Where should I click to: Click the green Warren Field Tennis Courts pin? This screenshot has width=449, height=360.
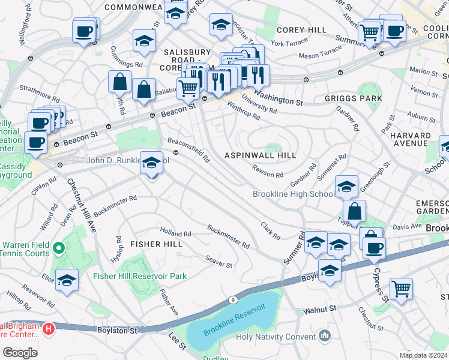(58, 247)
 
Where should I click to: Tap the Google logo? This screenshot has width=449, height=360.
(20, 352)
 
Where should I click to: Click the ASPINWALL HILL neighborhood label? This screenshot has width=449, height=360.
(260, 155)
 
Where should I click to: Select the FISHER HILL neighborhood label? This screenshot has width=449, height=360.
(156, 244)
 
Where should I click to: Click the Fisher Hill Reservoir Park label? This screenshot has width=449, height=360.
(139, 276)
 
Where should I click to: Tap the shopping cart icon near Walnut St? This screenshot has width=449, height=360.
(400, 289)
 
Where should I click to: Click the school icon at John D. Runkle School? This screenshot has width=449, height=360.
(151, 162)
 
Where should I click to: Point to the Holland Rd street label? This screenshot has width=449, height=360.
(175, 233)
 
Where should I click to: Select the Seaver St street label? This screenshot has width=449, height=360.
(218, 262)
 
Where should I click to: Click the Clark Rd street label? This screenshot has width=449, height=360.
(270, 230)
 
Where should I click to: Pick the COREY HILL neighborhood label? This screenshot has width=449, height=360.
(301, 30)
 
